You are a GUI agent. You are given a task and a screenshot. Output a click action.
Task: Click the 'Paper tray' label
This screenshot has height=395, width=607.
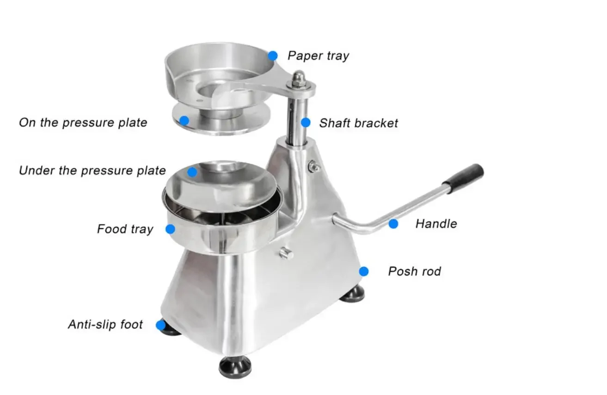click(318, 56)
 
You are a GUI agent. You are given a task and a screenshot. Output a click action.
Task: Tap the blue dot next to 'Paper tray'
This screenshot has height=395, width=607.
click(273, 56)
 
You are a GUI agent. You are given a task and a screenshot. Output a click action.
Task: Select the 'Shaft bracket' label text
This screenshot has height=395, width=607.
click(358, 123)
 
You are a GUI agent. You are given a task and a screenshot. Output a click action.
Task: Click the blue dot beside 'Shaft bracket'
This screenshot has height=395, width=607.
click(306, 123)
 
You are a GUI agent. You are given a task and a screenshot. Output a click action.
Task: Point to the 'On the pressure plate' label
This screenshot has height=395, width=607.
click(83, 123)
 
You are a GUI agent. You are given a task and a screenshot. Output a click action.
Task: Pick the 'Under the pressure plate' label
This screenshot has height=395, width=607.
click(92, 171)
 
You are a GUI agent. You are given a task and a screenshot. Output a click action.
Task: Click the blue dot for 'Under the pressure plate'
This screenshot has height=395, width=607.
click(192, 172)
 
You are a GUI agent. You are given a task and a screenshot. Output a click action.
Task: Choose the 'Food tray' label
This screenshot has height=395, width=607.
click(125, 229)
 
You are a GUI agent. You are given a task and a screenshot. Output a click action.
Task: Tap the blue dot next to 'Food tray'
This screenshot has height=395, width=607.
click(170, 229)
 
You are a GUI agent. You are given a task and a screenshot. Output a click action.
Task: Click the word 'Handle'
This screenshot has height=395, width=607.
click(436, 224)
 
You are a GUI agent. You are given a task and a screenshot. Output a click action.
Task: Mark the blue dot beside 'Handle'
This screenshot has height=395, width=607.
click(393, 224)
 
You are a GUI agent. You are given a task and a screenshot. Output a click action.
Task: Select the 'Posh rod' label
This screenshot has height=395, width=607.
click(414, 271)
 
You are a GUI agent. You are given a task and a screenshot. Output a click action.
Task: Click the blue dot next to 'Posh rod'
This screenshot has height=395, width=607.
click(364, 271)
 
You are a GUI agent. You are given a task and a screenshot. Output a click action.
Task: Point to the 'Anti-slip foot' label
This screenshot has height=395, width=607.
click(105, 325)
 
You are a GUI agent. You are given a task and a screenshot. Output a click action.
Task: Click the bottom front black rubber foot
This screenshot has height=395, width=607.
click(235, 367)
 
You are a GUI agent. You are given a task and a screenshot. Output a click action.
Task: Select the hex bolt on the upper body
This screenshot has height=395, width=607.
click(314, 166)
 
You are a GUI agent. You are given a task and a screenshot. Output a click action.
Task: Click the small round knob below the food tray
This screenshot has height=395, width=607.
click(286, 253)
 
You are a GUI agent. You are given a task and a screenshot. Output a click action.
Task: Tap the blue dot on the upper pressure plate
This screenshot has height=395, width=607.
click(184, 121)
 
